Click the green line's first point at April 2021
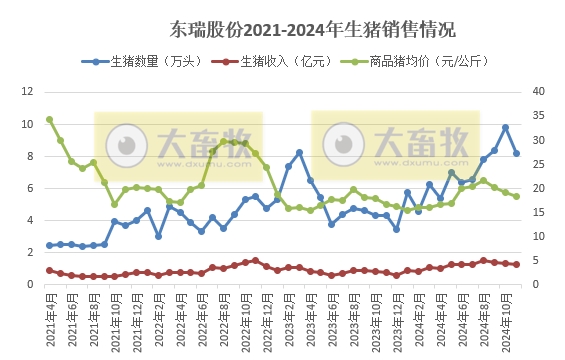pos(49,119)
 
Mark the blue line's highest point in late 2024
pos(505,128)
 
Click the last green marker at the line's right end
pos(516,196)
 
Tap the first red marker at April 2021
pos(49,270)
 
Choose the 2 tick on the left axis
pos(32,252)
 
